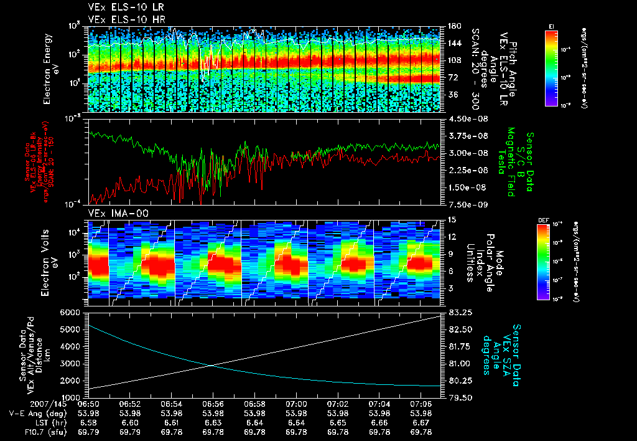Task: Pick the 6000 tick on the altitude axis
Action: [72, 312]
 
